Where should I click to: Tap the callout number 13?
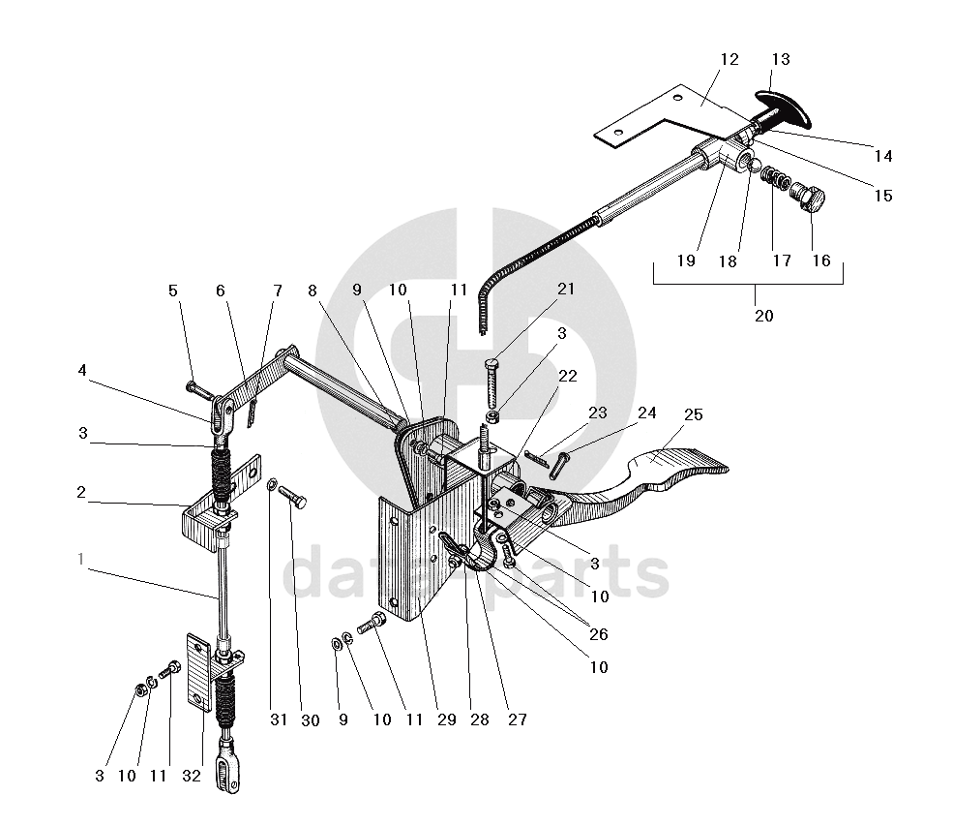[x=780, y=60]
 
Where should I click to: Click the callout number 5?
[x=172, y=290]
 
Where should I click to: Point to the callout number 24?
[x=646, y=413]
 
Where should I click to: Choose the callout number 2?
[x=81, y=493]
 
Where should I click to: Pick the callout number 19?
[x=686, y=260]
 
